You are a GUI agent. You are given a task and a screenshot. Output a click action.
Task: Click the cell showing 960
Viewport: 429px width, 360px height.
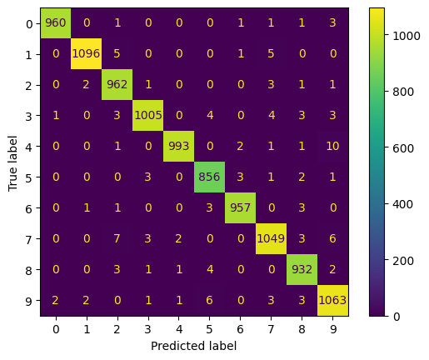point(55,23)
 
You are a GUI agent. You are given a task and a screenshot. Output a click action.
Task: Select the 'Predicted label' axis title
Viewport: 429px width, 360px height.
point(194,345)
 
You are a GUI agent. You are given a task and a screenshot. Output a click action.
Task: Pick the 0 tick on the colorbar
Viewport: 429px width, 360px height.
point(390,316)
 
